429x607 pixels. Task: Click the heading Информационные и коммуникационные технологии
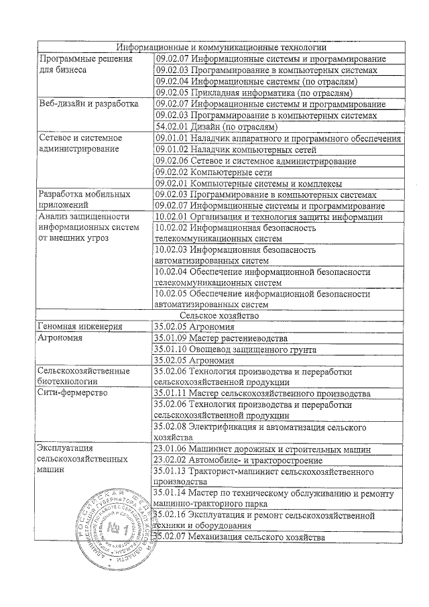[x=221, y=48]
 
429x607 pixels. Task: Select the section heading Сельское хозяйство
[x=220, y=315]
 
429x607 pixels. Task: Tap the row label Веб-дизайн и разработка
[x=88, y=105]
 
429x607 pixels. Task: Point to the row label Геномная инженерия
[x=80, y=327]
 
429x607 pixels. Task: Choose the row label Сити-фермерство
[x=73, y=393]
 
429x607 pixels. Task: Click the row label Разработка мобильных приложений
[x=84, y=200]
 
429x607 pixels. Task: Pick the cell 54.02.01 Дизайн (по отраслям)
[x=215, y=127]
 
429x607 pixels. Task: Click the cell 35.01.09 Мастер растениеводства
[x=221, y=337]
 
